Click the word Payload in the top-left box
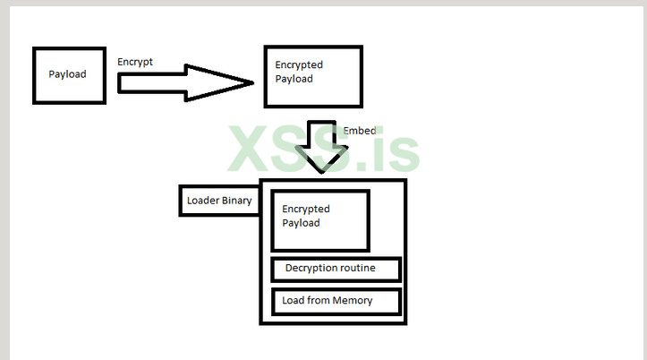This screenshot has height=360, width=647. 68,74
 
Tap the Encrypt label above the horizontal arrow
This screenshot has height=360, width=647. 135,62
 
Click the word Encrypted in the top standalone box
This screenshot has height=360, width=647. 299,64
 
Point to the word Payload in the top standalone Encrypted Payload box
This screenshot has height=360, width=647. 294,79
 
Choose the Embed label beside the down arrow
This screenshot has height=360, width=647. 360,131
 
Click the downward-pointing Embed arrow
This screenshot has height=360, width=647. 321,147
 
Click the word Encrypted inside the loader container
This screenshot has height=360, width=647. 306,209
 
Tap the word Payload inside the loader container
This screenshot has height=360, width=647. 302,223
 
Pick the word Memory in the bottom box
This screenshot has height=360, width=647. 353,301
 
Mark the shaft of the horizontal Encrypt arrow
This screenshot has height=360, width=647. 151,82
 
